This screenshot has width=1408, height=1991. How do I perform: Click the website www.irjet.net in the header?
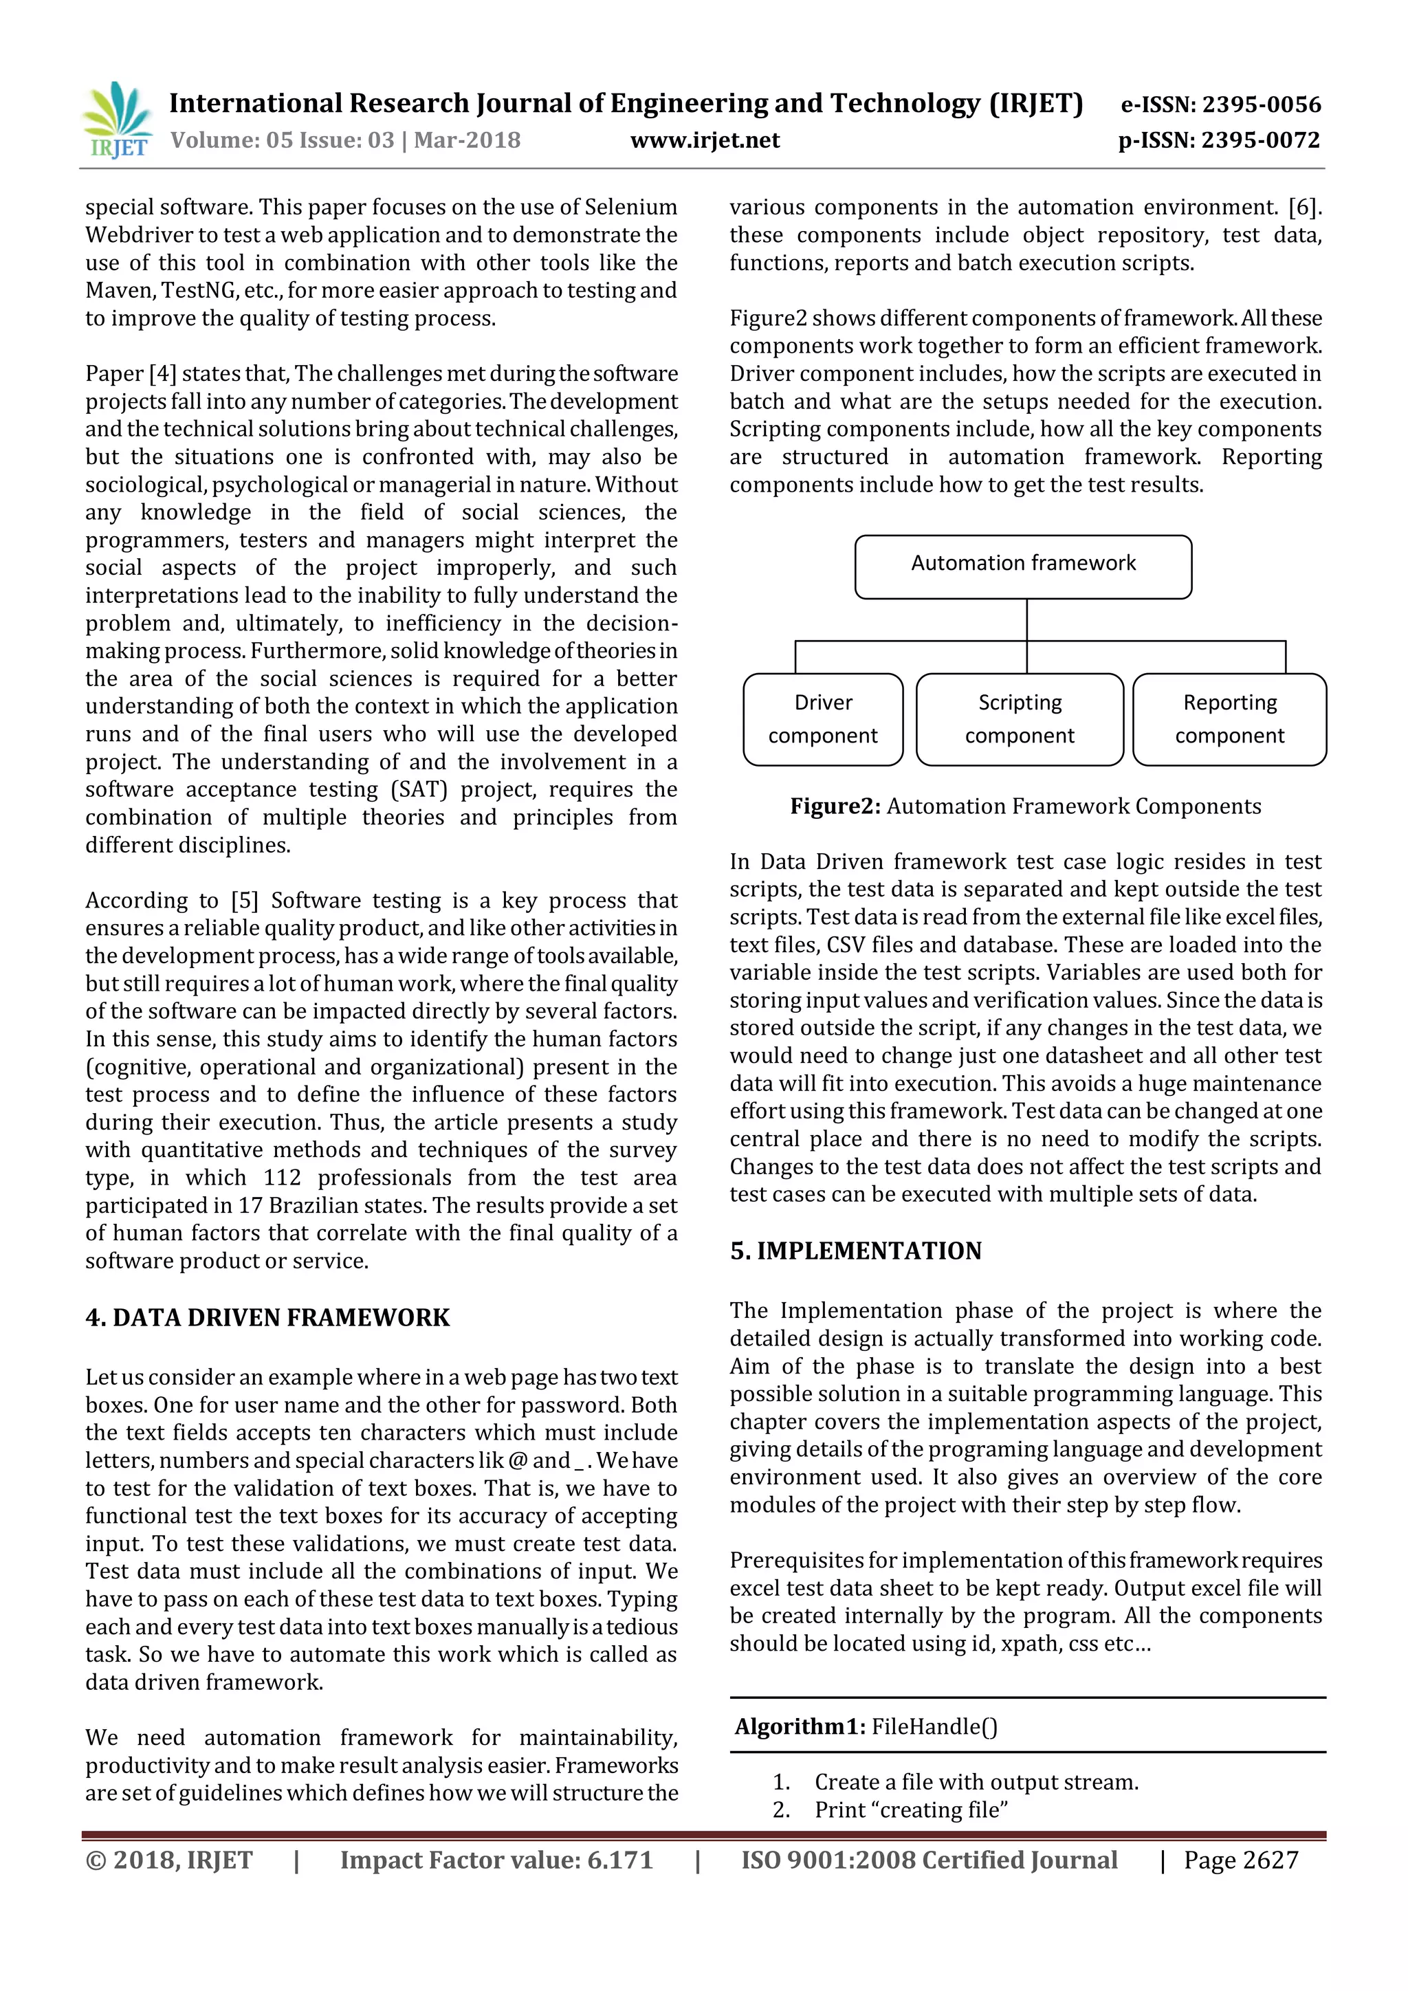(x=704, y=140)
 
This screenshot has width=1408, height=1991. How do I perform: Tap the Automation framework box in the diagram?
(x=1023, y=566)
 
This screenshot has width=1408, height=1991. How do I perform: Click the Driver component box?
(x=823, y=719)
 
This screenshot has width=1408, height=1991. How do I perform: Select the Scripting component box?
(x=1020, y=719)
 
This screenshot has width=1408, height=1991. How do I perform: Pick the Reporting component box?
(x=1229, y=719)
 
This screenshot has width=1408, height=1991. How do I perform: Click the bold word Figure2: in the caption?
(x=835, y=806)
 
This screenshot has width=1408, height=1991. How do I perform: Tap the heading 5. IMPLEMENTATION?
(x=856, y=1251)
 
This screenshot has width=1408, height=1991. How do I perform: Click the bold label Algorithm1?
(x=800, y=1726)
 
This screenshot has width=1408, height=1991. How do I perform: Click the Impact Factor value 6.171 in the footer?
(x=619, y=1860)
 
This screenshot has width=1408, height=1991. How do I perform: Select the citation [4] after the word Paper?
(x=162, y=374)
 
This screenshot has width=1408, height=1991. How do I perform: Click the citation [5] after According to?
(x=245, y=900)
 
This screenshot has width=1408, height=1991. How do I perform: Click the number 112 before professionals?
(x=283, y=1178)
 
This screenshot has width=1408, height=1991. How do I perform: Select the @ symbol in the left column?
(x=518, y=1460)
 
